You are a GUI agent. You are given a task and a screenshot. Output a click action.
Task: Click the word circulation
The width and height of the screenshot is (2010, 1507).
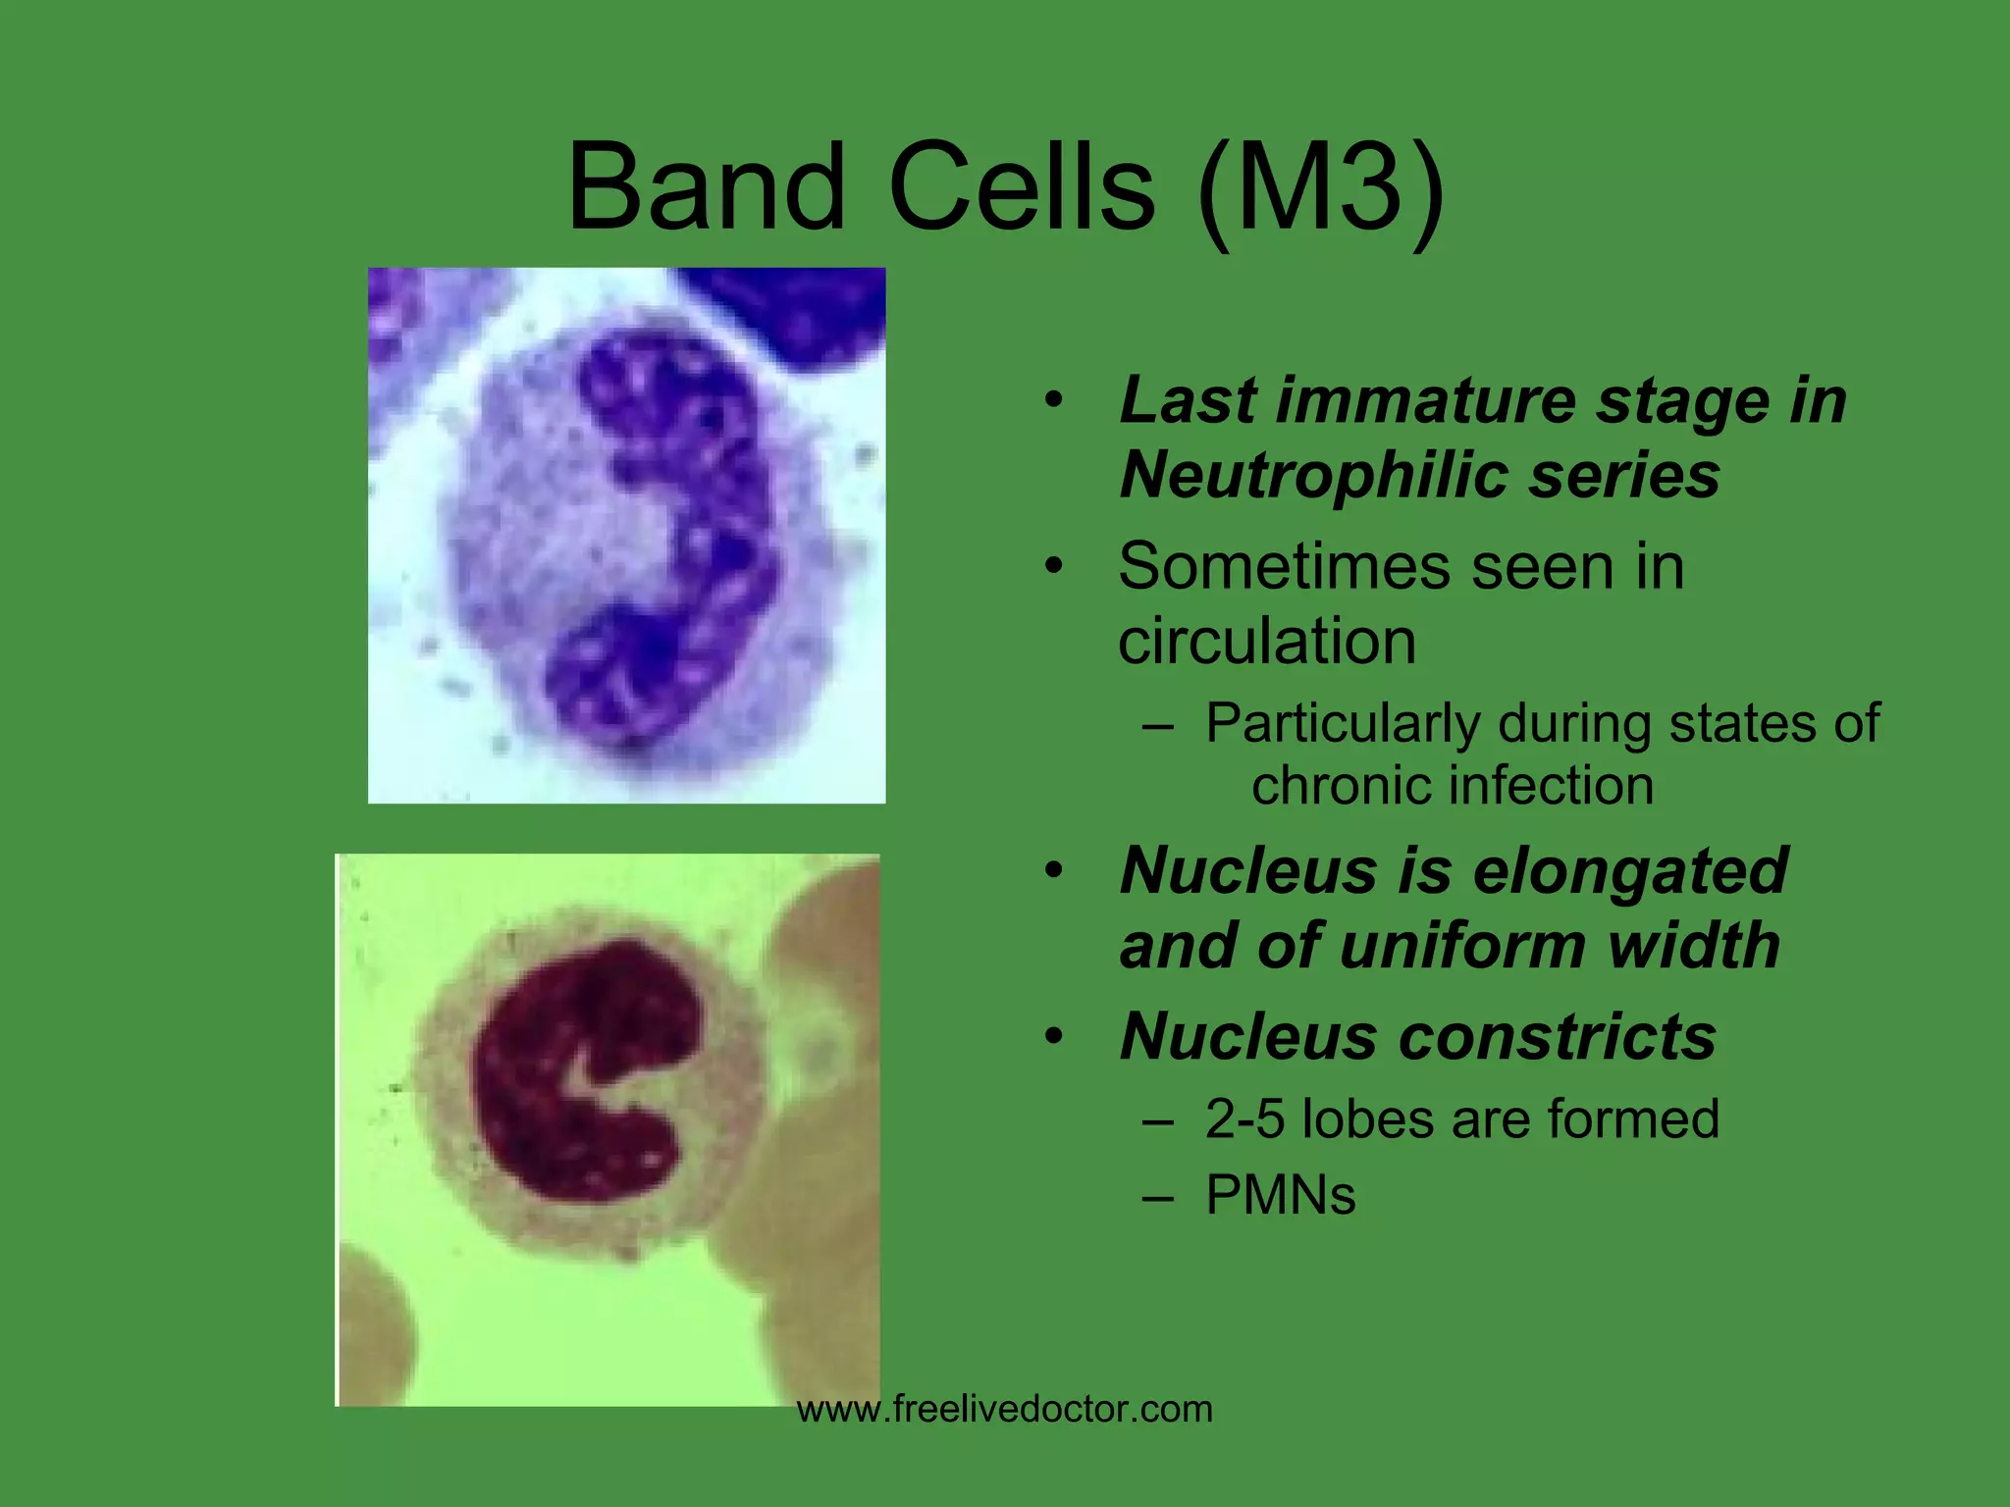1266,642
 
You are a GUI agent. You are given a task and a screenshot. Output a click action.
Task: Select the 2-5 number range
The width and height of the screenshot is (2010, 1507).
1244,1119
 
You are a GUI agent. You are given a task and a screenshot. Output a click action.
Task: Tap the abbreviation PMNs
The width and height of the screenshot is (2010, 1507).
1280,1195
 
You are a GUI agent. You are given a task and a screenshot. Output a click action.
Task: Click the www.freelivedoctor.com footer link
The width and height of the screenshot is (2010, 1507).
1004,1410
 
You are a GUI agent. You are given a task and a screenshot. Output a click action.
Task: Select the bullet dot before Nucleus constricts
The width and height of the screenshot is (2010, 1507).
1054,1037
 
